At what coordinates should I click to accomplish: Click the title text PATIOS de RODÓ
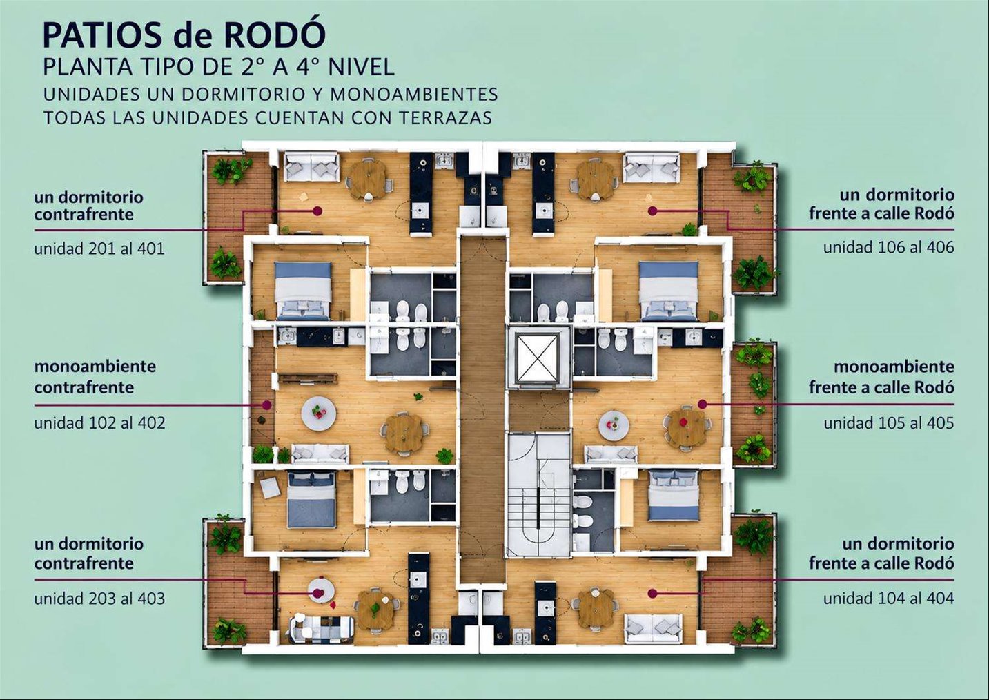(x=184, y=35)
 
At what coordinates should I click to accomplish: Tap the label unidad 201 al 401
(x=99, y=249)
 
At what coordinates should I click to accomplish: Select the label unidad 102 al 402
(x=99, y=423)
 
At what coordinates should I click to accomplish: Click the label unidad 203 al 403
(x=99, y=599)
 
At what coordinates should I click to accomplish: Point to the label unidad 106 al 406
(x=888, y=247)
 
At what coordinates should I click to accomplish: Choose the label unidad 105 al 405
(x=888, y=423)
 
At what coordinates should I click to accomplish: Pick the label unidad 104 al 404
(x=888, y=599)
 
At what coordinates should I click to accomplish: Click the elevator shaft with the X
(x=538, y=358)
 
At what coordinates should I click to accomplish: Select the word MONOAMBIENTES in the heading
(x=413, y=95)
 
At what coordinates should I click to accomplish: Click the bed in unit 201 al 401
(x=303, y=291)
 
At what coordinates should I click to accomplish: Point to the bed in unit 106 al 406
(x=669, y=291)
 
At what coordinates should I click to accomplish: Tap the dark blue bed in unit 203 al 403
(x=312, y=500)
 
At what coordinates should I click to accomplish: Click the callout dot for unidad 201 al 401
(x=317, y=211)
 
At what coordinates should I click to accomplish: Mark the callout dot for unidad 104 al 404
(x=653, y=594)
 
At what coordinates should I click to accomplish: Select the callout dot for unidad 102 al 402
(x=266, y=404)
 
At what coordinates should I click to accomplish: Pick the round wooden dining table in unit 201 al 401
(x=369, y=179)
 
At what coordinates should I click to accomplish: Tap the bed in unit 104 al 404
(x=674, y=495)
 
